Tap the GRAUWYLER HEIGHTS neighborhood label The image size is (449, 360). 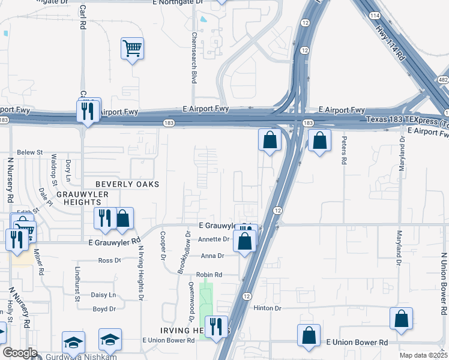point(82,199)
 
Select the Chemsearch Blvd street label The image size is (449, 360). point(194,57)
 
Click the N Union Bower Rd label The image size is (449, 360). point(444,284)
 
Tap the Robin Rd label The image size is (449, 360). point(209,275)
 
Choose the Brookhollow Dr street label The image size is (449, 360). point(184,252)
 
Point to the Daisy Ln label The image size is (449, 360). point(103,295)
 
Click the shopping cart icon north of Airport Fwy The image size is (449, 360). point(132,48)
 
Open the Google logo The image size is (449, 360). point(19,353)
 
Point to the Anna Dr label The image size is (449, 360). point(212,256)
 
